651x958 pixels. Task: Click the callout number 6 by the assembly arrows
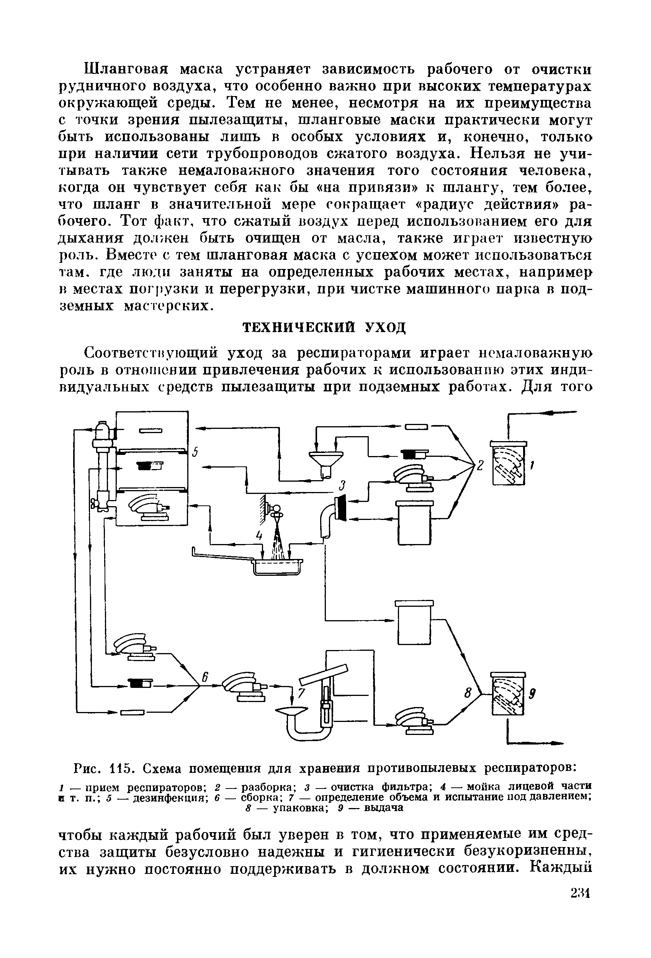(x=204, y=677)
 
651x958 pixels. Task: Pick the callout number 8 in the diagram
(x=468, y=694)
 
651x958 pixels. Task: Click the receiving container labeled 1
(x=509, y=463)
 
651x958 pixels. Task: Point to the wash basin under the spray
(x=276, y=566)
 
